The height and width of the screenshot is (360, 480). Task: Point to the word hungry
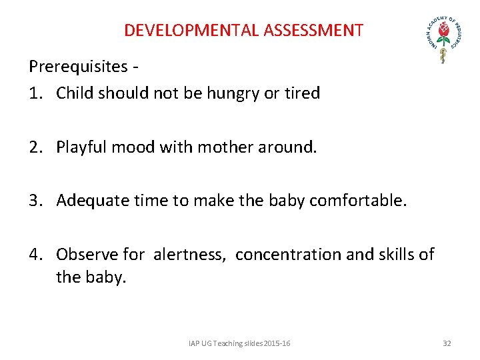234,93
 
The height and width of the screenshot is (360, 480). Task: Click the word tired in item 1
301,93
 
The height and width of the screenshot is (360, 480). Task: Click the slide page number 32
447,343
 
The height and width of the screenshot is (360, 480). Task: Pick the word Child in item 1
75,93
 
